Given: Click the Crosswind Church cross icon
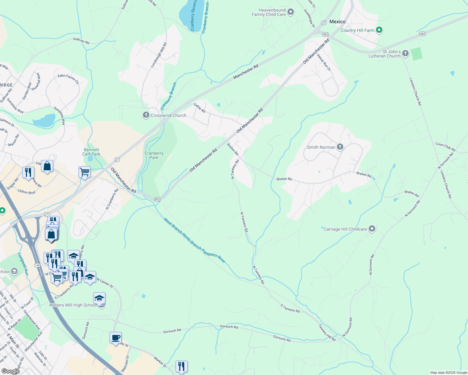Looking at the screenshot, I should pyautogui.click(x=146, y=115).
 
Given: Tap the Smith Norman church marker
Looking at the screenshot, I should pyautogui.click(x=340, y=147).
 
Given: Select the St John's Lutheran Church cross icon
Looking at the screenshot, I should pyautogui.click(x=405, y=53).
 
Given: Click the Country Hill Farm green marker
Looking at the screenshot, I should pyautogui.click(x=379, y=30).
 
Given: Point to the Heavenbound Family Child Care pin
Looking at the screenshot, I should pyautogui.click(x=291, y=12).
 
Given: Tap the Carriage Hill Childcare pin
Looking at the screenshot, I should pyautogui.click(x=372, y=229).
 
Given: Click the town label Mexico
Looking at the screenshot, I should pyautogui.click(x=338, y=22).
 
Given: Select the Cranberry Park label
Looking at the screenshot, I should pyautogui.click(x=154, y=155).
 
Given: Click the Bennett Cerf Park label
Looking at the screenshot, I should pyautogui.click(x=91, y=152).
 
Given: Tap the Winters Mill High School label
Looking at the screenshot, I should pyautogui.click(x=73, y=305).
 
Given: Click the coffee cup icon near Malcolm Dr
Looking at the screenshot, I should pyautogui.click(x=115, y=338).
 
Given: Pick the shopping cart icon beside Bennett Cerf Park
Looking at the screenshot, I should pyautogui.click(x=84, y=172).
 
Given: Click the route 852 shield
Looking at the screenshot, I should pyautogui.click(x=157, y=199).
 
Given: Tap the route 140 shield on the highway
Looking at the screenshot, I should pyautogui.click(x=38, y=265).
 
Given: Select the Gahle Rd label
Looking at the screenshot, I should pyautogui.click(x=200, y=108).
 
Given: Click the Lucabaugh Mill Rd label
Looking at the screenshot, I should pyautogui.click(x=159, y=55).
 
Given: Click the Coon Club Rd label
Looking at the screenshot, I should pyautogui.click(x=445, y=147).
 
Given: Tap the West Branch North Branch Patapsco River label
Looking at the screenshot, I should pyautogui.click(x=194, y=240).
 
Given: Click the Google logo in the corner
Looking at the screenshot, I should pyautogui.click(x=10, y=371).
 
